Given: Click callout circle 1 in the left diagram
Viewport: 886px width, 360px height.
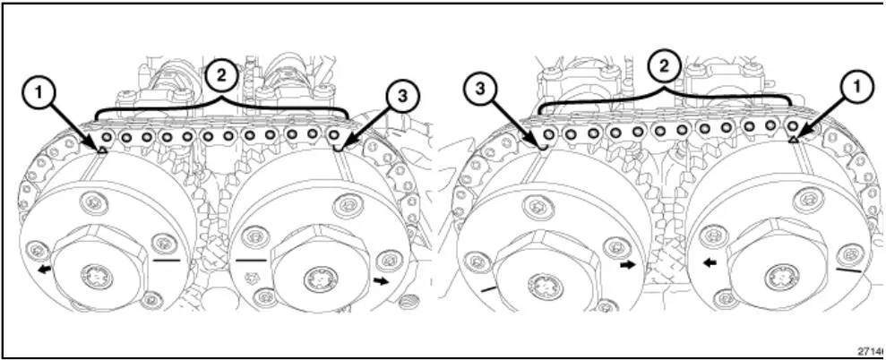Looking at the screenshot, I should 36,90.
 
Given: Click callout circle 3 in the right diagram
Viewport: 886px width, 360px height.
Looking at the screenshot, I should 482,90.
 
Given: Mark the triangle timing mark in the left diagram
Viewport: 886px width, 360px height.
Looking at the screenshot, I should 101,150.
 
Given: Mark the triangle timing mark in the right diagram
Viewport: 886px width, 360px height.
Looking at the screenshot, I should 795,139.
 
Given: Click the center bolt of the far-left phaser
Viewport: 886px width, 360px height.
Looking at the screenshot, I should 96,277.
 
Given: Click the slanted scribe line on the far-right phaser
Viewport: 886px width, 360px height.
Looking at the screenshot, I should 848,267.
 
